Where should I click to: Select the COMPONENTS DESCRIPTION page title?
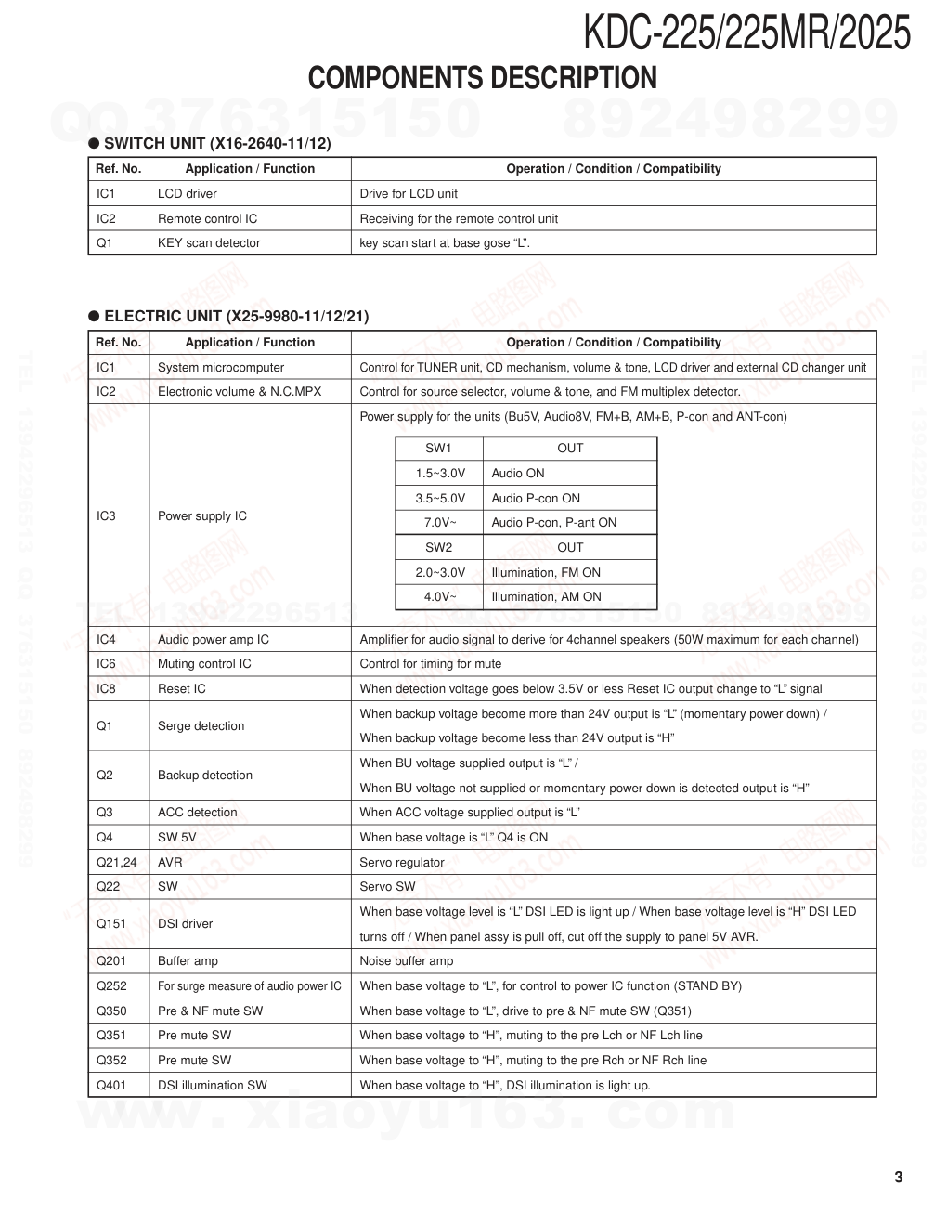coord(482,78)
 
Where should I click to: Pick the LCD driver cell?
coord(188,194)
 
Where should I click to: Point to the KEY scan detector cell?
coord(209,243)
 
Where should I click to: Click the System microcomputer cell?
coord(221,368)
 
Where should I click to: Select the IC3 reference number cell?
coord(107,516)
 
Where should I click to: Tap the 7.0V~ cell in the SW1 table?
coord(440,523)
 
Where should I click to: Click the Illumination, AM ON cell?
coord(546,597)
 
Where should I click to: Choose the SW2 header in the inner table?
coord(439,548)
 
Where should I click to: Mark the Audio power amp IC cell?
coord(214,640)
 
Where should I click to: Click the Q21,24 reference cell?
coord(117,863)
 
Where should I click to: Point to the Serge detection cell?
coord(201,726)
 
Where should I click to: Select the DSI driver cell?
coord(186,924)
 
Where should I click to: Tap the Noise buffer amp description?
coord(407,961)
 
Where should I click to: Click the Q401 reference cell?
coord(111,1086)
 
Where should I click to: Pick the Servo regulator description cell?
coord(402,863)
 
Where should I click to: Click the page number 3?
coord(898,1178)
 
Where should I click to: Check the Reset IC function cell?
coord(182,689)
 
